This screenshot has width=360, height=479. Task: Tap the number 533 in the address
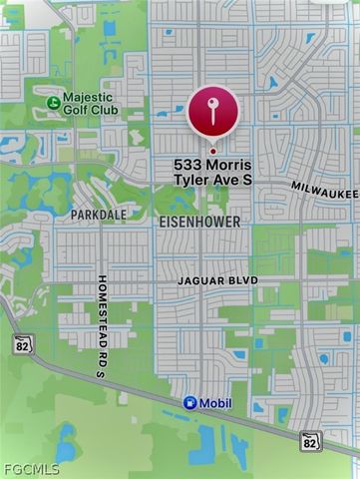tap(188, 164)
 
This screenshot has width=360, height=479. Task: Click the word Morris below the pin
tap(228, 164)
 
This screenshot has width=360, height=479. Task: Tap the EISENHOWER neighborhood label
tap(199, 221)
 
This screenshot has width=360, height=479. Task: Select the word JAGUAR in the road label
tap(203, 281)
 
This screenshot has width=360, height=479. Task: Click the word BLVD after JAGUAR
tap(245, 281)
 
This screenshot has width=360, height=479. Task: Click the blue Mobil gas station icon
tap(189, 403)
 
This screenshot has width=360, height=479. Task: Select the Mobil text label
tap(216, 403)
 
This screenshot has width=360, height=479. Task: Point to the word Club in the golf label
tap(104, 109)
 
